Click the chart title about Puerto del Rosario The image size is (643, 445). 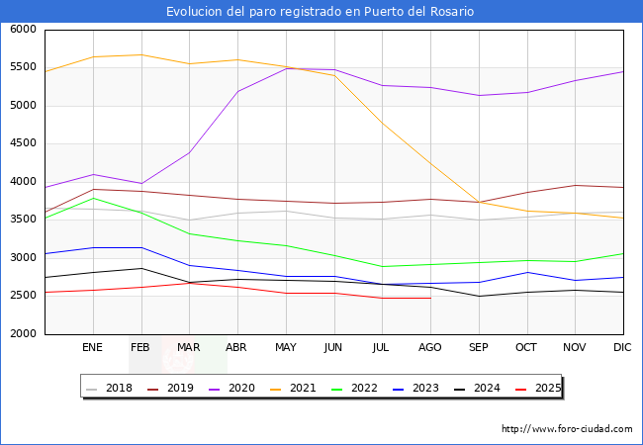coord(321,12)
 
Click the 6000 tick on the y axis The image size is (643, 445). coord(24,30)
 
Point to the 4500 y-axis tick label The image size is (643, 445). coord(24,143)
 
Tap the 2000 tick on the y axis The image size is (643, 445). coord(24,334)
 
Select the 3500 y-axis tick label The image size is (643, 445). coord(24,220)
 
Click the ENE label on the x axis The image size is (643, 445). coord(92,348)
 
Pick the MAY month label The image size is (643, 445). coord(285,348)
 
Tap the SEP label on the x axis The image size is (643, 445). coord(478,348)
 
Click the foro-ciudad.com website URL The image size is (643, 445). coord(567,429)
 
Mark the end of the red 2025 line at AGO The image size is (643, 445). coord(430,298)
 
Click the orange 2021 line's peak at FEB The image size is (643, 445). coord(140,54)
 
